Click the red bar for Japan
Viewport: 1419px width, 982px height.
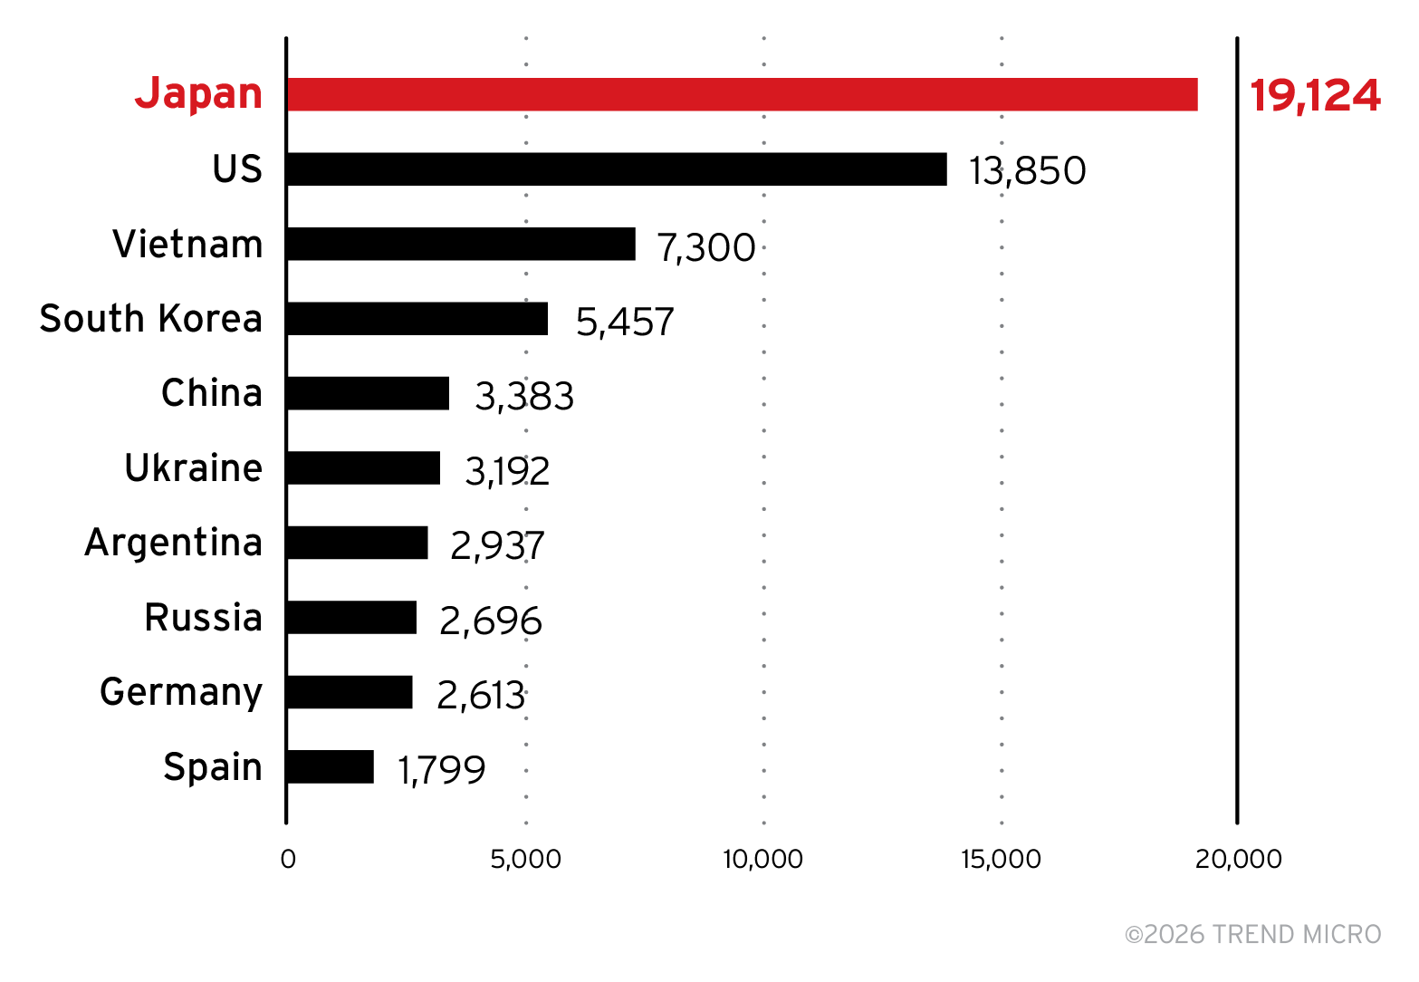[742, 94]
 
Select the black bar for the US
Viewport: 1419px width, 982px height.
[617, 169]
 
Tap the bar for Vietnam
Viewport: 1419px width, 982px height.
[461, 244]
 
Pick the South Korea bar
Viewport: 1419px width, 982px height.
[417, 319]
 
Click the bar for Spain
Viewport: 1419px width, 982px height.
[331, 766]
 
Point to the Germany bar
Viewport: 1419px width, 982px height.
[350, 692]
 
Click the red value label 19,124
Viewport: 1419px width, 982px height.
[1315, 95]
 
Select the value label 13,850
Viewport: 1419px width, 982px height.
[1027, 170]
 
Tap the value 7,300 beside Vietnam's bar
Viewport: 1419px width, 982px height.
[706, 247]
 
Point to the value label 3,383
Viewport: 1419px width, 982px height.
[524, 396]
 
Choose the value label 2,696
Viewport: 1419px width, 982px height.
[491, 621]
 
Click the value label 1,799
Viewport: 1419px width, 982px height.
[442, 769]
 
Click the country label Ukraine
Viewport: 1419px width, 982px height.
[193, 468]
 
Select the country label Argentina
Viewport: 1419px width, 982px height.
[173, 543]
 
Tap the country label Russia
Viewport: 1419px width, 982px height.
[203, 618]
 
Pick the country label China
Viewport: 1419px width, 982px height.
[211, 393]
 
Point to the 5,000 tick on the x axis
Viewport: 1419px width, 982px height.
[525, 859]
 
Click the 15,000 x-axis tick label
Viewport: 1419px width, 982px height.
[1001, 859]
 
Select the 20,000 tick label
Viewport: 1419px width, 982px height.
[1238, 859]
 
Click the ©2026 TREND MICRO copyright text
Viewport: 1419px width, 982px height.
[1252, 934]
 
